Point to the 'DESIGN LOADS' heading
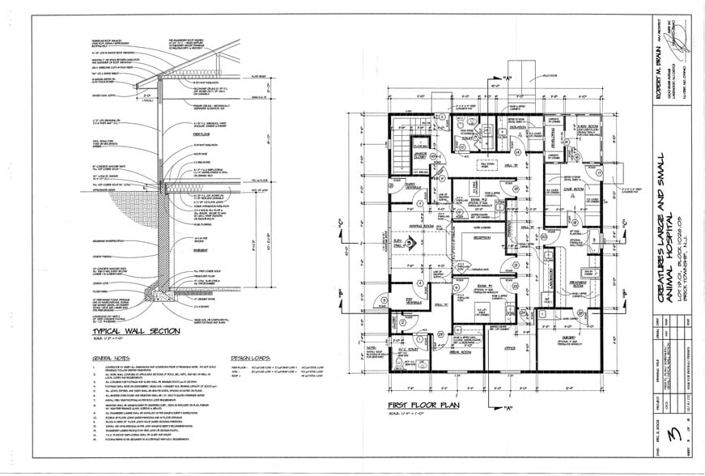[253, 358]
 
